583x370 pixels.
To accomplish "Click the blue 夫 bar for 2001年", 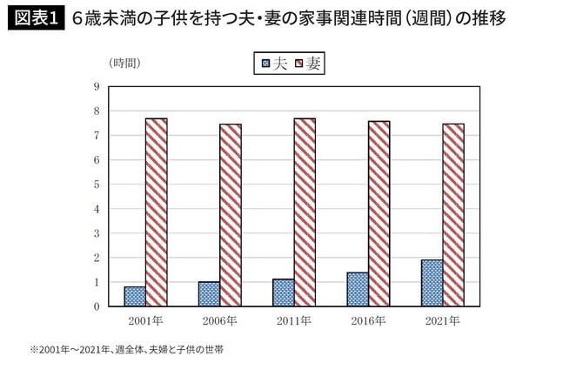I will pos(134,297).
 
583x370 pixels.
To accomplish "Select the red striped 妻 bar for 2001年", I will pos(156,212).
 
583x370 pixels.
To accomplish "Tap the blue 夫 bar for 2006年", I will pos(209,294).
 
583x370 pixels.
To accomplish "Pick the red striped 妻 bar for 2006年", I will pos(231,215).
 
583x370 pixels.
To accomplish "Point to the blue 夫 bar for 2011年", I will pos(283,293).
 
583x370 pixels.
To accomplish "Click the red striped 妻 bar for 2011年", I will pos(305,212).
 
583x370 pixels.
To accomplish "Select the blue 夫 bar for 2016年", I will pos(358,289).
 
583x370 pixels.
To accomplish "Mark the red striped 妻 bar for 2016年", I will pos(379,214).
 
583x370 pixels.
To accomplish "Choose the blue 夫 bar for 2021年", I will pos(432,283).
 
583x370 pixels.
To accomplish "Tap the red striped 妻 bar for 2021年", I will pos(453,215).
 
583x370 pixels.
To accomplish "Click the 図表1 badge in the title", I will pos(35,17).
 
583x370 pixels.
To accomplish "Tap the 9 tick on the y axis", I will pos(97,86).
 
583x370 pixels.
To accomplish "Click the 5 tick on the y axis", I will pos(97,185).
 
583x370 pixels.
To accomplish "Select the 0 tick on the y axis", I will pos(97,306).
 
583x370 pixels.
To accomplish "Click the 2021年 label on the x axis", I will pos(442,321).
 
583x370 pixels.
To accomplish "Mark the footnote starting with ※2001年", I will pos(127,351).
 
